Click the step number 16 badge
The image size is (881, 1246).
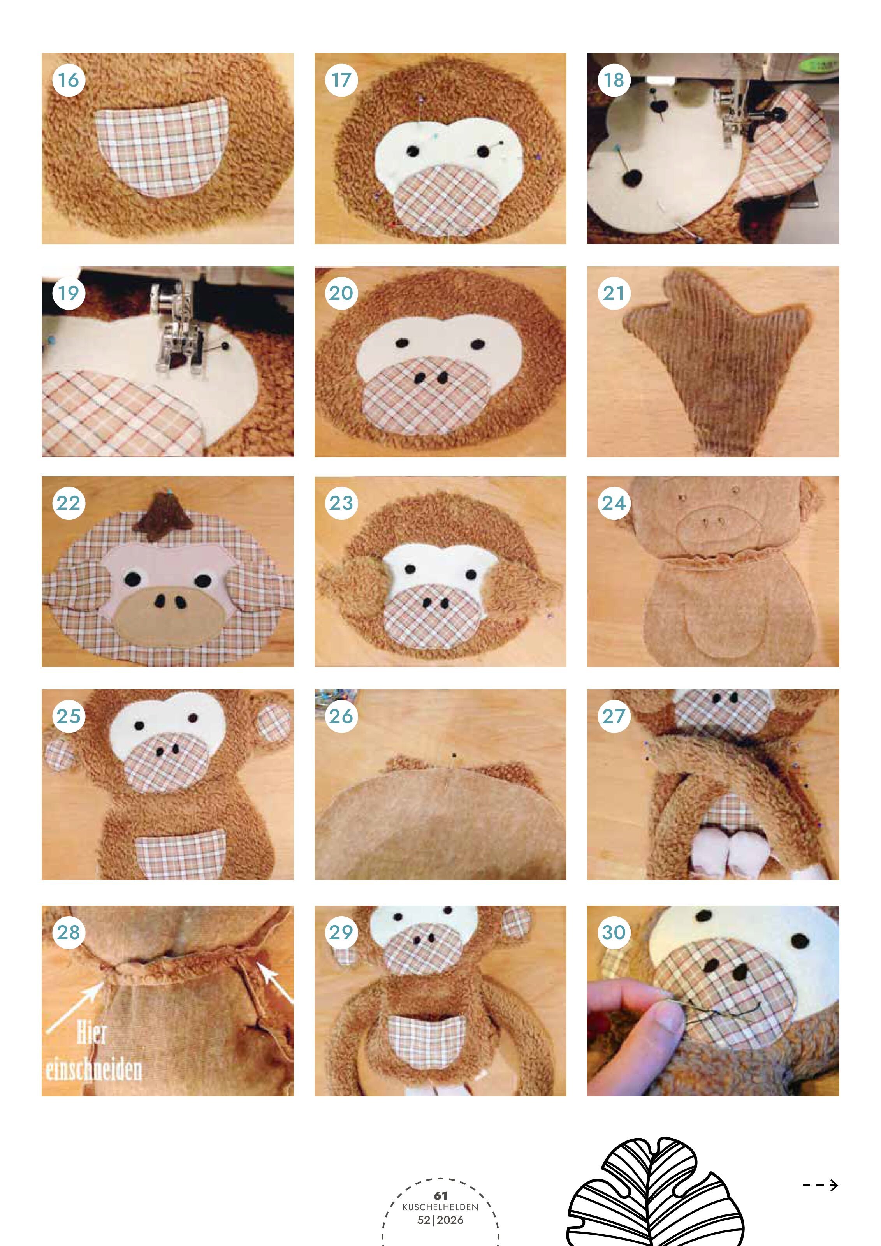pyautogui.click(x=69, y=80)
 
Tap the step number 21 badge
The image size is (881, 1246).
pyautogui.click(x=614, y=294)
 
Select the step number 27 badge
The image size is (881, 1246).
pyautogui.click(x=614, y=716)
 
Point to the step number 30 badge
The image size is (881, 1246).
pyautogui.click(x=614, y=932)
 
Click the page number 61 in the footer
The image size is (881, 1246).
pyautogui.click(x=441, y=1195)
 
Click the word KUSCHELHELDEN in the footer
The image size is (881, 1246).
pyautogui.click(x=441, y=1207)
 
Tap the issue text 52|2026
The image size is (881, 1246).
pyautogui.click(x=441, y=1220)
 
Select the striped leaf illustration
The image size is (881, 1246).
pyautogui.click(x=655, y=1194)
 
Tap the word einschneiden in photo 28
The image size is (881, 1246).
pyautogui.click(x=93, y=1070)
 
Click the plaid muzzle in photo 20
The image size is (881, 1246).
pyautogui.click(x=427, y=395)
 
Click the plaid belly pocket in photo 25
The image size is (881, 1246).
pyautogui.click(x=181, y=853)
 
